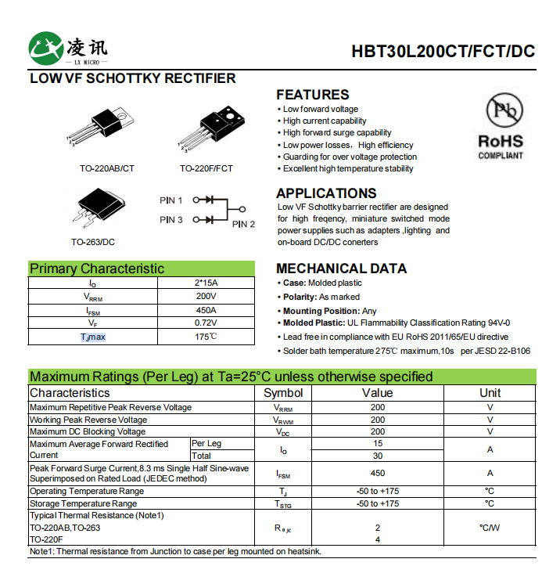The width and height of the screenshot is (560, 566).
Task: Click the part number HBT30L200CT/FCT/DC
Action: [443, 52]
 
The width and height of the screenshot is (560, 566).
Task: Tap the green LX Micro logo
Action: [45, 49]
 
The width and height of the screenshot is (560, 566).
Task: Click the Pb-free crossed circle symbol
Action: [501, 110]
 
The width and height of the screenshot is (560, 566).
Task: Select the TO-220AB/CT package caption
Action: [107, 168]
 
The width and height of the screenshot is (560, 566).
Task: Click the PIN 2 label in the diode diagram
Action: [243, 224]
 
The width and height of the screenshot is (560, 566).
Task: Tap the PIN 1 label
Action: [171, 200]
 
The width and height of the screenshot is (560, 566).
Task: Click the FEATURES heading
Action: [312, 95]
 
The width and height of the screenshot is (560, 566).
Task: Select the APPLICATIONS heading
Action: [326, 193]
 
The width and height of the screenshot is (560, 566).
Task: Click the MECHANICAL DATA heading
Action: [341, 269]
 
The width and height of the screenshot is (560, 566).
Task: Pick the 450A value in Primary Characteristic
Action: [206, 310]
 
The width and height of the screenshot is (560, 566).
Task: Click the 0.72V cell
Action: [206, 323]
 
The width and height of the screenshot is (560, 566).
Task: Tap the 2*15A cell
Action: [206, 283]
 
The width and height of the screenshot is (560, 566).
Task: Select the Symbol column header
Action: [283, 393]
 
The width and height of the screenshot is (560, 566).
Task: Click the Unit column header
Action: [490, 393]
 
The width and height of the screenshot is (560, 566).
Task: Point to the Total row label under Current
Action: [202, 455]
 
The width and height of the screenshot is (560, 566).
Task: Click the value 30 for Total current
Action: [378, 456]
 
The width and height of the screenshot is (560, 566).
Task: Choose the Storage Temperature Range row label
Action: [83, 503]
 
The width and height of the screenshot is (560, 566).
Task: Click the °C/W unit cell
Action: [490, 528]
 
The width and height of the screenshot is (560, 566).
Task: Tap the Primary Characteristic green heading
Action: [97, 269]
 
